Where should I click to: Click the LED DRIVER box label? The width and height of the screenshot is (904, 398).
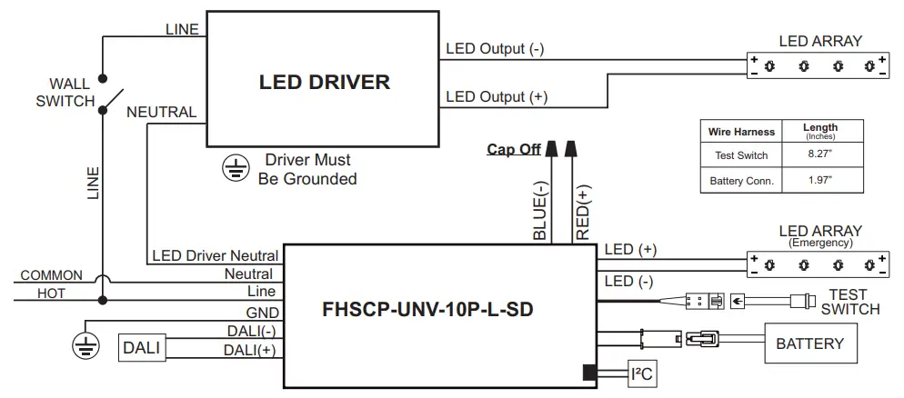click(325, 83)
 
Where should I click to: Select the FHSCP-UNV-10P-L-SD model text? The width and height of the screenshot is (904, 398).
click(427, 308)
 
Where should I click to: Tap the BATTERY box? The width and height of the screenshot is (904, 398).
click(809, 343)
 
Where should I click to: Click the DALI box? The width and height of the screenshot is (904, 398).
click(141, 347)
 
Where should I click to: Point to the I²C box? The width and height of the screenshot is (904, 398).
click(641, 373)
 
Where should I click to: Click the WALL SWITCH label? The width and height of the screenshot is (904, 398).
click(65, 93)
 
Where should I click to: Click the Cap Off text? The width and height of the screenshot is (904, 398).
click(514, 150)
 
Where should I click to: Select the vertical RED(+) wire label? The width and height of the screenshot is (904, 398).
click(583, 208)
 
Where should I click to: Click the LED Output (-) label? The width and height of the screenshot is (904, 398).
click(495, 49)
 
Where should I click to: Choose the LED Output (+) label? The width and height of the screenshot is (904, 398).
click(496, 96)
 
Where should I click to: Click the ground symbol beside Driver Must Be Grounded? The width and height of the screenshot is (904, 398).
click(236, 165)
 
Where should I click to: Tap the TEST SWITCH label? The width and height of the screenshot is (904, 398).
click(849, 302)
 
